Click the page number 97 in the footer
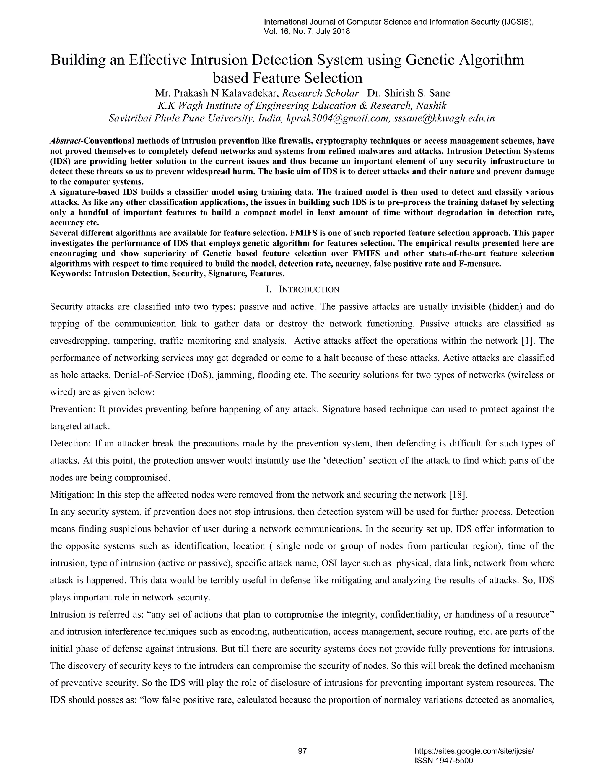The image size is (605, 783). coord(302,751)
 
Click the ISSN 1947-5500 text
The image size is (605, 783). coord(443,761)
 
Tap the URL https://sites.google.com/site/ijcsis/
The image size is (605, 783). coord(474,751)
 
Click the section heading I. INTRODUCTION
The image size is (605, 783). coord(302,289)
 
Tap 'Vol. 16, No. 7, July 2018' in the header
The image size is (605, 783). coord(307,32)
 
